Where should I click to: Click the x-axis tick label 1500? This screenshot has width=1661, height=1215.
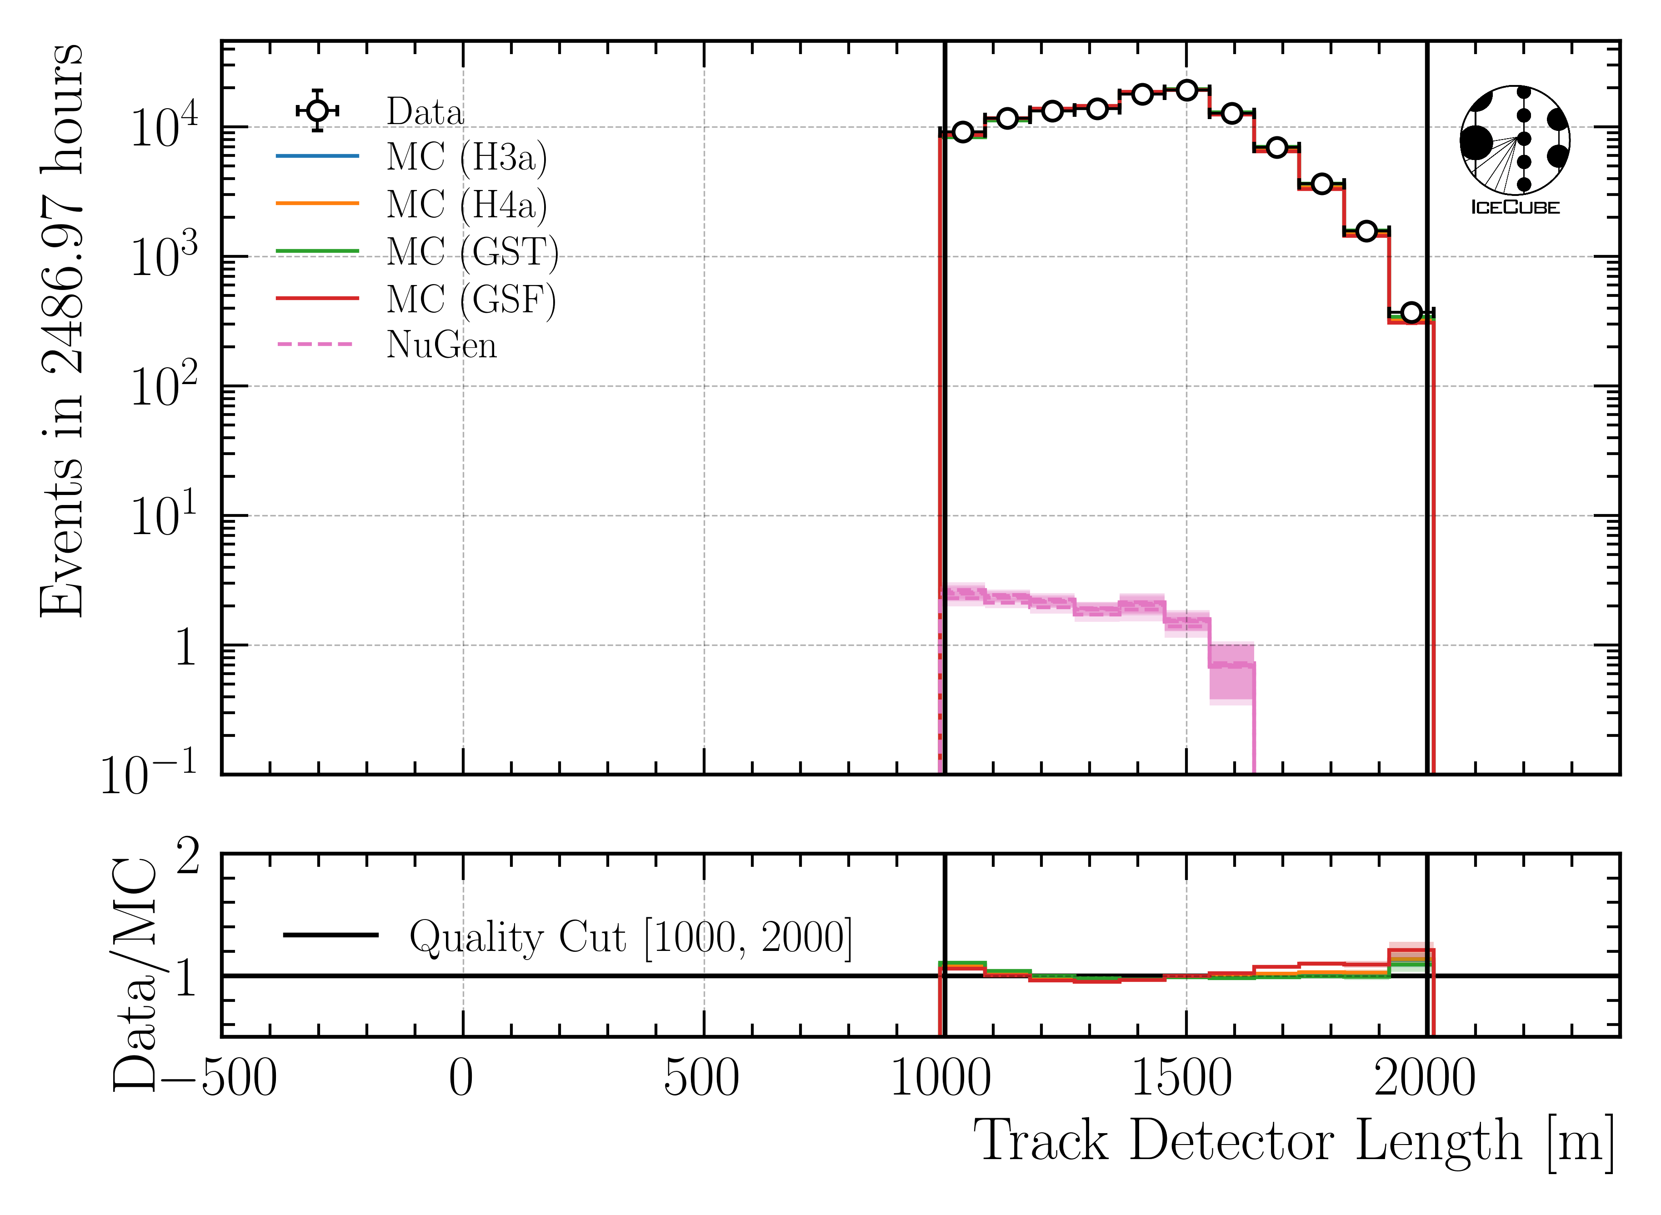[x=1181, y=1080]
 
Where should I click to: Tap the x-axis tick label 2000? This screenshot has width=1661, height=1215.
[x=1425, y=1080]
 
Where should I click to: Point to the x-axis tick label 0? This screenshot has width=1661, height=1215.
[x=461, y=1080]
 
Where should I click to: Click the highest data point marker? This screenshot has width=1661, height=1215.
[x=1186, y=90]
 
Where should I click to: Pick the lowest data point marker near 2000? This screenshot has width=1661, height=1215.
[x=1411, y=313]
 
